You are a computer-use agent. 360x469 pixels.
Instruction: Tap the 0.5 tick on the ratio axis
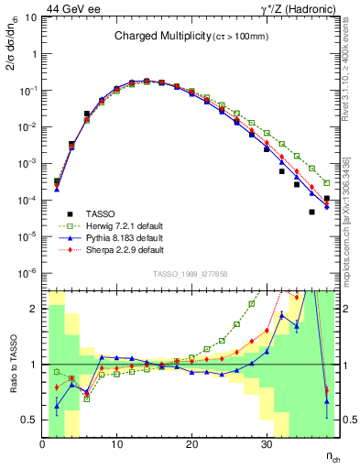tap(30, 420)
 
